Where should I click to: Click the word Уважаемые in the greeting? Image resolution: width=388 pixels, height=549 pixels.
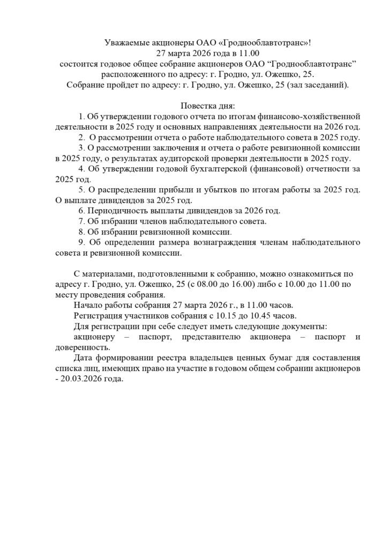[x=122, y=43]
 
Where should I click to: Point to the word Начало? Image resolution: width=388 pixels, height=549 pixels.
[x=88, y=305]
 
